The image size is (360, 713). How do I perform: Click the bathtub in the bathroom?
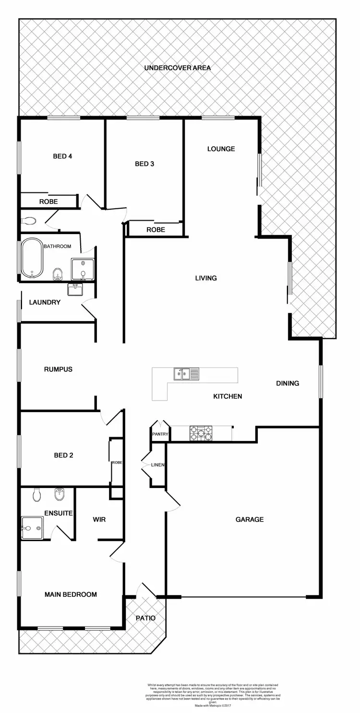pyautogui.click(x=32, y=258)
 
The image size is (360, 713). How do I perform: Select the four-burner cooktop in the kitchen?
pyautogui.click(x=201, y=433)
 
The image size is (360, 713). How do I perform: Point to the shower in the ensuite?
pyautogui.click(x=32, y=528)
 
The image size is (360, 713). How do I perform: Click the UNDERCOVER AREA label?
pyautogui.click(x=177, y=68)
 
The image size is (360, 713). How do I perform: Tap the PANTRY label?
pyautogui.click(x=159, y=434)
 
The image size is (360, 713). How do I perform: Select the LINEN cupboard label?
pyautogui.click(x=157, y=465)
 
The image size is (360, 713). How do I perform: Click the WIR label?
pyautogui.click(x=99, y=520)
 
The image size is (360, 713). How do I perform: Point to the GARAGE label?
pyautogui.click(x=249, y=519)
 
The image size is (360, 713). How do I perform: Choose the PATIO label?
pyautogui.click(x=145, y=618)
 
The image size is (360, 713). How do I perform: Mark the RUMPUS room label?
pyautogui.click(x=58, y=369)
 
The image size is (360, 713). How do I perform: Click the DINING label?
pyautogui.click(x=288, y=383)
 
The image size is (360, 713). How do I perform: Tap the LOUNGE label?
pyautogui.click(x=221, y=149)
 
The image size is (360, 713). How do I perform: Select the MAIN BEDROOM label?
pyautogui.click(x=71, y=594)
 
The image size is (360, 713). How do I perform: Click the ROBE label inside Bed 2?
pyautogui.click(x=117, y=463)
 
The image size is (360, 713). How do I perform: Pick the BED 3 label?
pyautogui.click(x=144, y=164)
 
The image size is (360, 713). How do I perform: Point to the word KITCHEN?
pyautogui.click(x=227, y=396)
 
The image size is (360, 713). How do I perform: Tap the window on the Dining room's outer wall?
pyautogui.click(x=321, y=381)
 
